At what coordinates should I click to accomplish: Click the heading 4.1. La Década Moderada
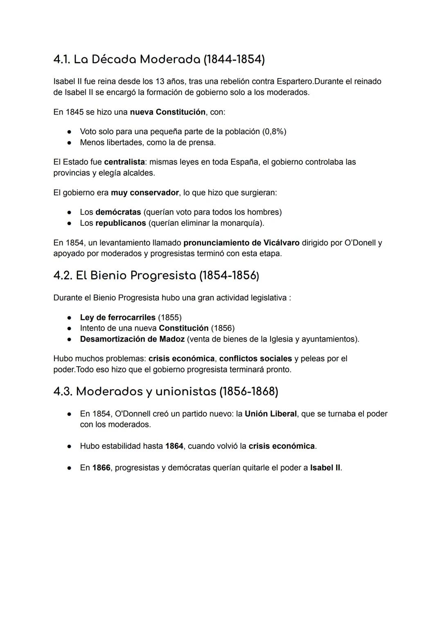(159, 59)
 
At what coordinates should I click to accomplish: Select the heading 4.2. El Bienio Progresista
(156, 275)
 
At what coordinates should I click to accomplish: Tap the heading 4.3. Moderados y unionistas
(166, 392)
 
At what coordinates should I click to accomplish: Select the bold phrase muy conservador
(145, 192)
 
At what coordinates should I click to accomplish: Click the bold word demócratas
(118, 212)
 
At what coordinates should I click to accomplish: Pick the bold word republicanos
(120, 223)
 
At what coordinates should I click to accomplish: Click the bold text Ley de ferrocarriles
(117, 318)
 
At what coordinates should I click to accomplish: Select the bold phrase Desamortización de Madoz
(132, 339)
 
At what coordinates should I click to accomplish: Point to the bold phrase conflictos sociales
(255, 359)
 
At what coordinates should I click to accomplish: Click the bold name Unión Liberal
(271, 414)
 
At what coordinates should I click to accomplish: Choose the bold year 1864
(174, 446)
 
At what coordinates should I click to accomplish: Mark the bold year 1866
(101, 468)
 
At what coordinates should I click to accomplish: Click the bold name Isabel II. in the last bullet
(326, 468)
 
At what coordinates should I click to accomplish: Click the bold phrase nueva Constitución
(168, 112)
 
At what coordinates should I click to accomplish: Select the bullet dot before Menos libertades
(70, 143)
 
